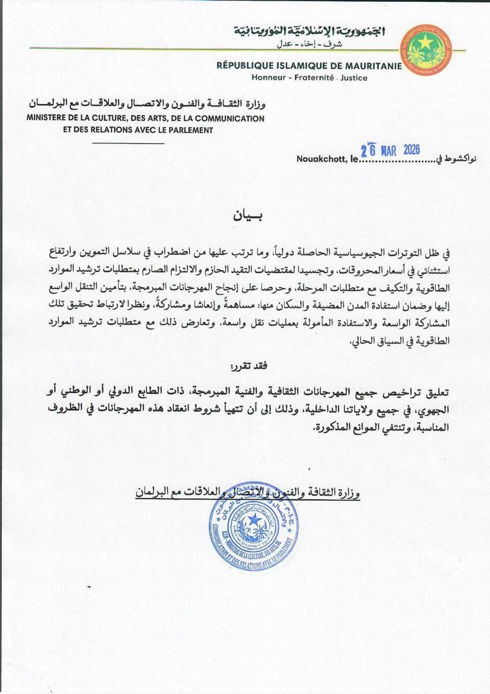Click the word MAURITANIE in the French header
372,66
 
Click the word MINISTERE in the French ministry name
50,118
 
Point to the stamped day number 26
367,152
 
